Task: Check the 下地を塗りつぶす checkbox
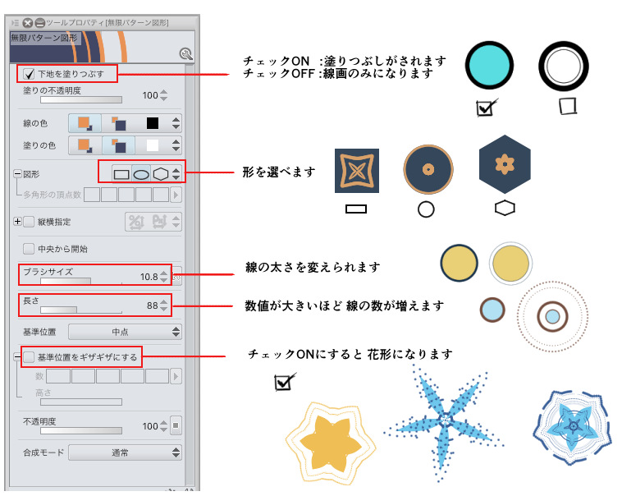click(29, 74)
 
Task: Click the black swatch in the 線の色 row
click(153, 123)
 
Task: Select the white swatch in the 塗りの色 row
click(153, 145)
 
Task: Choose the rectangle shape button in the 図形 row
click(121, 174)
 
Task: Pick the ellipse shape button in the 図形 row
click(141, 174)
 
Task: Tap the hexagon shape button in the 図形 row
click(161, 174)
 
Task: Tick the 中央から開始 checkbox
click(29, 249)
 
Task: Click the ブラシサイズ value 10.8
click(149, 277)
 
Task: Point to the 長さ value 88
click(153, 305)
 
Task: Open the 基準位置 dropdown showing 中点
click(125, 332)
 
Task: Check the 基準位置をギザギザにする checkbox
click(29, 357)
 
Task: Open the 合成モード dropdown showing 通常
click(125, 452)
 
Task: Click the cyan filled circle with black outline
click(489, 65)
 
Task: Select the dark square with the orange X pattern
click(357, 171)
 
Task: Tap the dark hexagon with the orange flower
click(505, 164)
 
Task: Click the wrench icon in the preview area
click(186, 54)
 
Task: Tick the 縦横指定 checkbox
click(29, 222)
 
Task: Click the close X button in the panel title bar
click(27, 23)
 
